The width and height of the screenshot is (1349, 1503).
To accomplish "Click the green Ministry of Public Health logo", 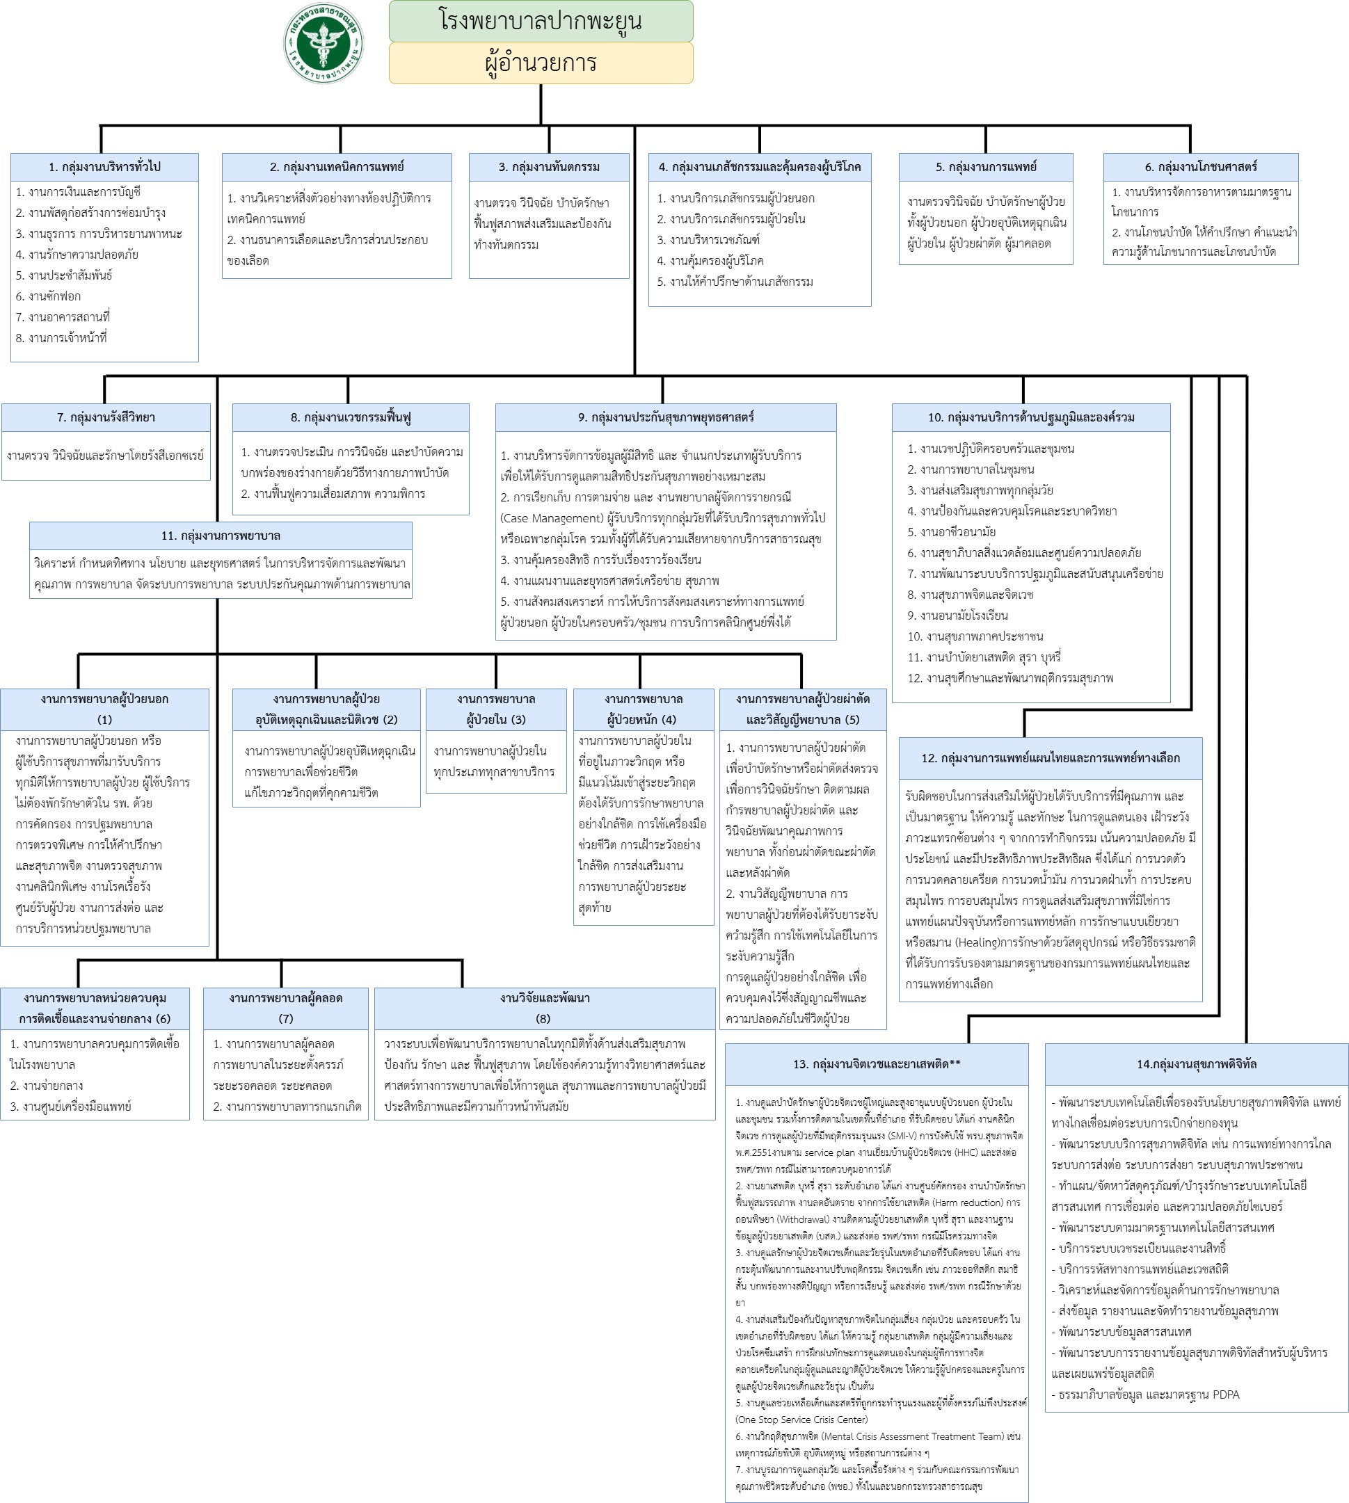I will pyautogui.click(x=324, y=43).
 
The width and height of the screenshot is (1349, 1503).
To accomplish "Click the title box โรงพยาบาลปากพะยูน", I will pyautogui.click(x=541, y=21).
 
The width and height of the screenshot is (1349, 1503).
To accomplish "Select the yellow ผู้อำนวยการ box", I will pyautogui.click(x=541, y=63).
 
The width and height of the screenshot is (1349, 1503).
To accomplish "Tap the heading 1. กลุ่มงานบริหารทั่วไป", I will pyautogui.click(x=104, y=167).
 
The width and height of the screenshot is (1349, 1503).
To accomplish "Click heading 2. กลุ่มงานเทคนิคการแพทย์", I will pyautogui.click(x=337, y=167).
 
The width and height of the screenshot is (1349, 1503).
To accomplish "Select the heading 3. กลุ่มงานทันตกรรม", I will pyautogui.click(x=548, y=167).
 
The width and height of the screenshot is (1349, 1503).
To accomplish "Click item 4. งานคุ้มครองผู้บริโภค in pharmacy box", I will pyautogui.click(x=710, y=261).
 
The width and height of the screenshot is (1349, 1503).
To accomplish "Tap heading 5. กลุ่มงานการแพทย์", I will pyautogui.click(x=985, y=167).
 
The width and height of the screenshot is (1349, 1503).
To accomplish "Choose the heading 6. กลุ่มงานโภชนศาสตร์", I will pyautogui.click(x=1200, y=167).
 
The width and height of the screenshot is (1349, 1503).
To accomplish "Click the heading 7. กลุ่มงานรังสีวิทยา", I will pyautogui.click(x=106, y=417).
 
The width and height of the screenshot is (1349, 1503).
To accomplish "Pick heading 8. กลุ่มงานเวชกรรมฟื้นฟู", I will pyautogui.click(x=351, y=417).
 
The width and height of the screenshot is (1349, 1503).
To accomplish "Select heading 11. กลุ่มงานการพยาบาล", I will pyautogui.click(x=221, y=536).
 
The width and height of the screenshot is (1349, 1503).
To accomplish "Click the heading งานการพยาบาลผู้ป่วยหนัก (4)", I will pyautogui.click(x=643, y=709).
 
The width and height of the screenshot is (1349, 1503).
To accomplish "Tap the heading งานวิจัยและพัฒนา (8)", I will pyautogui.click(x=545, y=1008).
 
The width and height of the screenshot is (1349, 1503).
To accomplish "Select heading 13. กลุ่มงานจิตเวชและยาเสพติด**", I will pyautogui.click(x=876, y=1064).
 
